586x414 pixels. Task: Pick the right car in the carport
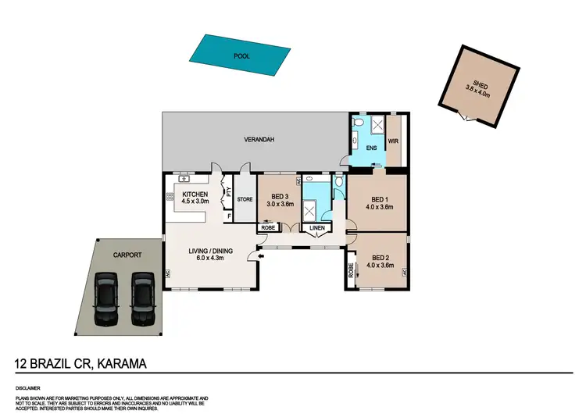tap(142, 298)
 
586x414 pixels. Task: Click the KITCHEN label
tap(194, 194)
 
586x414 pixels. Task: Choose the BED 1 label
tap(378, 198)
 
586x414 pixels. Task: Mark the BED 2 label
tap(381, 258)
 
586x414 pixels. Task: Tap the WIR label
tap(393, 141)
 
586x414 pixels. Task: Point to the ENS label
tap(371, 147)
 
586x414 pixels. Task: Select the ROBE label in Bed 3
tap(267, 228)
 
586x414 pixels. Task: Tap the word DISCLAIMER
tap(29, 387)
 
